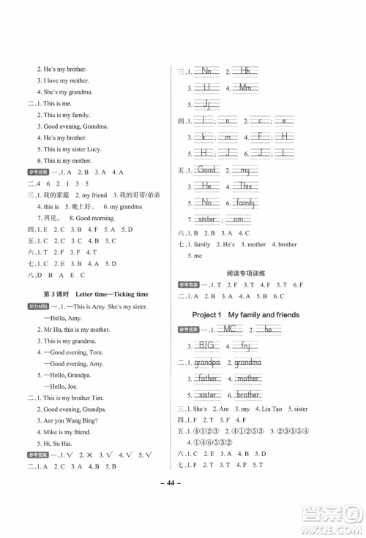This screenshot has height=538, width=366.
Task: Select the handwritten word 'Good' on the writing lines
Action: click(208, 170)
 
